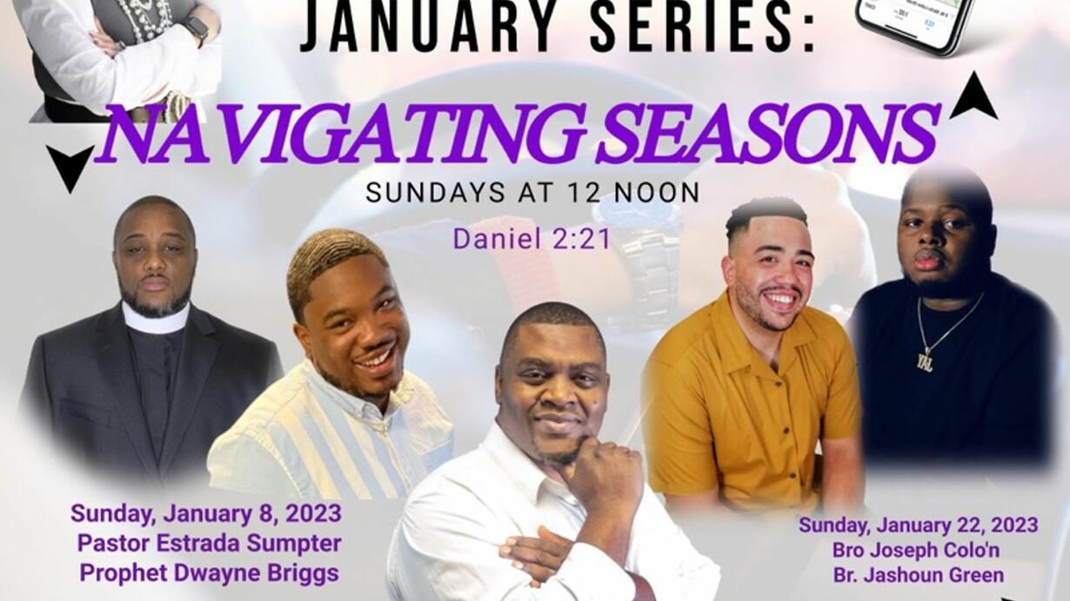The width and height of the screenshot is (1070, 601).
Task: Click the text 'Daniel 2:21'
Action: pos(532,238)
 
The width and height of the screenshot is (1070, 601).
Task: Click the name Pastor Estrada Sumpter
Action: pos(210,544)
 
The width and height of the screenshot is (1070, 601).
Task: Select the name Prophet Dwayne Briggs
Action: pos(210,573)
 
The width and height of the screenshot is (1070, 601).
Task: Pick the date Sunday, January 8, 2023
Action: pos(206,514)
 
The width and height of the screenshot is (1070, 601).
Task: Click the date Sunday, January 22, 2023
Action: pos(918,525)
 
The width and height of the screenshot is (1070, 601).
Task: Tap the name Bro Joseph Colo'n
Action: pos(916,550)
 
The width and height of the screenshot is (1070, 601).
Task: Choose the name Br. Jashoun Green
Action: pos(918,575)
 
